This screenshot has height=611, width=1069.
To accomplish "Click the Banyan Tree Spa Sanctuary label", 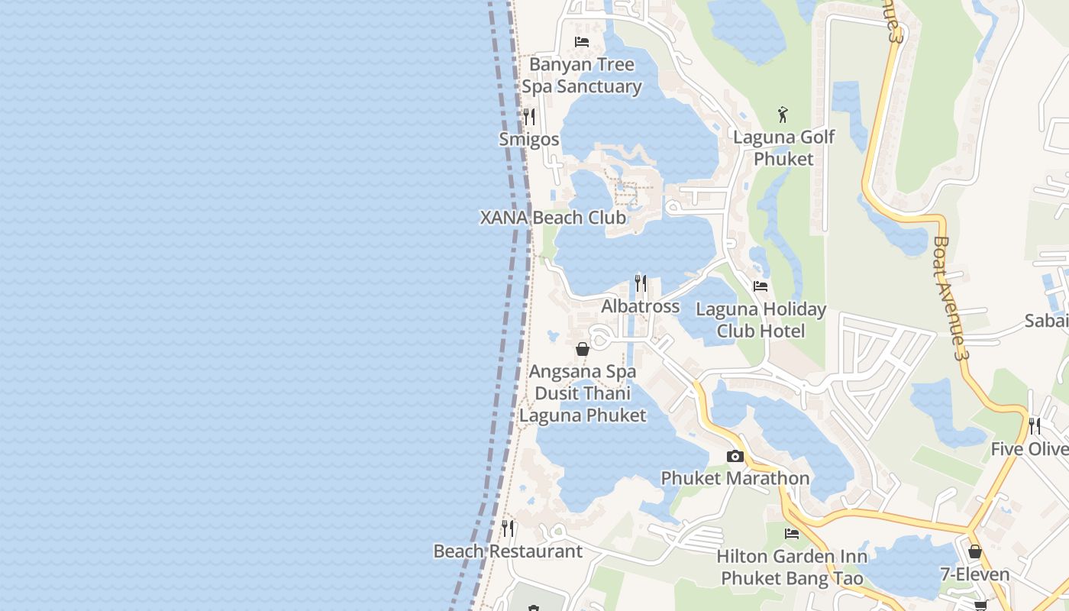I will click(x=582, y=76).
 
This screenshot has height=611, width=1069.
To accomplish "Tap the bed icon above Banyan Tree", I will click(x=582, y=41).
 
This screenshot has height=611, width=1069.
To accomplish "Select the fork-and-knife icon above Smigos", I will click(x=528, y=117).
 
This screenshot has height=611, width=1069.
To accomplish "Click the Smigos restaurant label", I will click(x=528, y=140).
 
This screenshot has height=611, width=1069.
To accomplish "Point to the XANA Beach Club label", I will click(x=553, y=218).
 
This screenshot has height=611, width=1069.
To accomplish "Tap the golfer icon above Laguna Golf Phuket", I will click(x=783, y=115).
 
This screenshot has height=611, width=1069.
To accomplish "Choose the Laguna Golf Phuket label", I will click(x=783, y=148).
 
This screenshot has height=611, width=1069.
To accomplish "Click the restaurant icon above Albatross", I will click(x=641, y=283).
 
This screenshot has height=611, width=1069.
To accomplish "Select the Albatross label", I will click(x=640, y=306).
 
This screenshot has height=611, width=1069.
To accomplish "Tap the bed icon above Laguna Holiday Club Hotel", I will click(x=761, y=286).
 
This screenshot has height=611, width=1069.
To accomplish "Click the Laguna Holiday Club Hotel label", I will click(x=761, y=320).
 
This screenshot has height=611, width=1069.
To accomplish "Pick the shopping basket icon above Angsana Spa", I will click(x=583, y=349).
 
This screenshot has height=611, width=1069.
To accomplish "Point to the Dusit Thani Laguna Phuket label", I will click(x=583, y=405).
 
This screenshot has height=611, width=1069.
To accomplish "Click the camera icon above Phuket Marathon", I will click(x=735, y=456).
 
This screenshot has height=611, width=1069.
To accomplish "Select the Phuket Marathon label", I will click(x=735, y=478).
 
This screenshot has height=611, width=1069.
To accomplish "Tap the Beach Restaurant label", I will click(x=508, y=551).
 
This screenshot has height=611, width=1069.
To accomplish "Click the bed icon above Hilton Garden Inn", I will click(x=792, y=533).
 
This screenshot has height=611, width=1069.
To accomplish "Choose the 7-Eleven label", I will click(x=974, y=574).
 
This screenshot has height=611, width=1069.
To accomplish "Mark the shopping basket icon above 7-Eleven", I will click(x=975, y=551).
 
